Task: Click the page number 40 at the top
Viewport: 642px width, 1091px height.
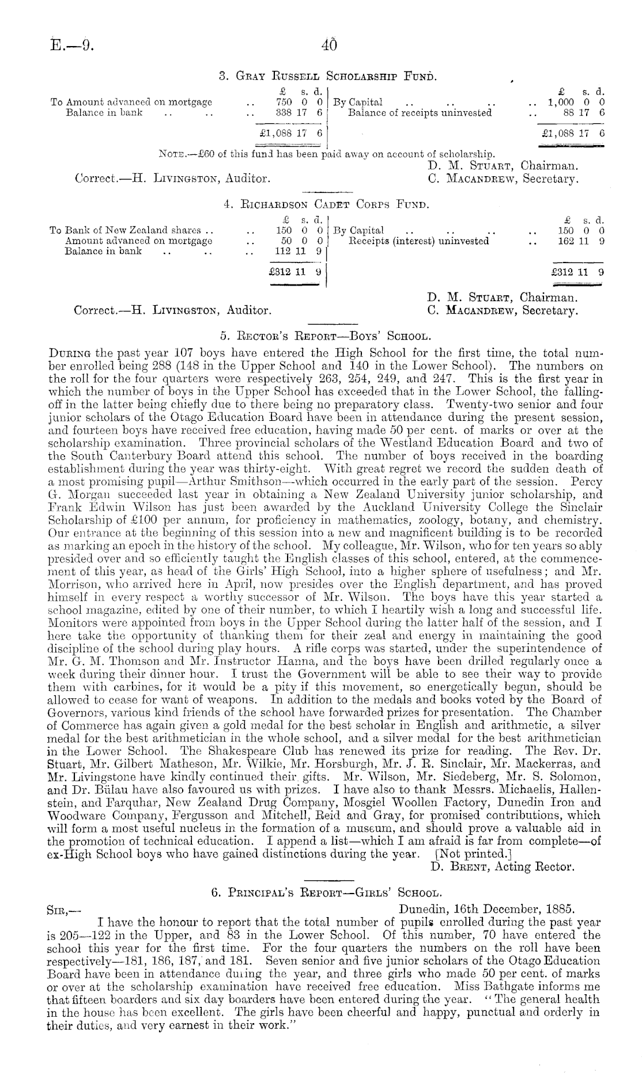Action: click(329, 44)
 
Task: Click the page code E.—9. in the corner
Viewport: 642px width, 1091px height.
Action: click(71, 44)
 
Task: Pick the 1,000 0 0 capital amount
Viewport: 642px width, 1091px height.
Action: click(576, 102)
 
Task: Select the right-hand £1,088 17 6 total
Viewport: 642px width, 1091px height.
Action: click(574, 132)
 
